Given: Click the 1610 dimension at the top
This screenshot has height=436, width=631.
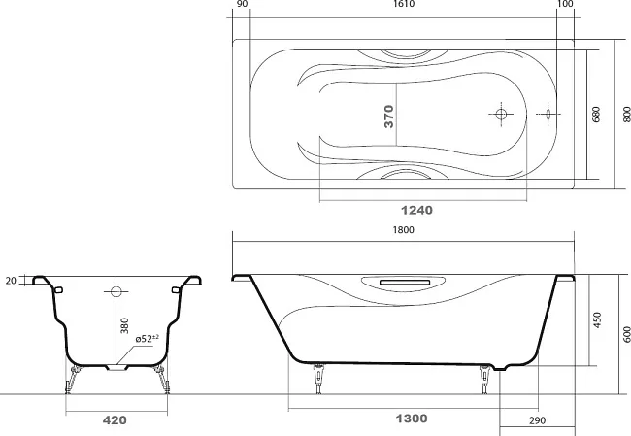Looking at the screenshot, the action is [x=404, y=4].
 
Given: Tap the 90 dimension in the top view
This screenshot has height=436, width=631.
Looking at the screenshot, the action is [x=243, y=4].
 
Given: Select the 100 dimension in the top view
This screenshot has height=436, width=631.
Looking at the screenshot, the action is [x=566, y=4].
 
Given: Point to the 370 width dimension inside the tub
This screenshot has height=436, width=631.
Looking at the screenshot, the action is [x=388, y=117].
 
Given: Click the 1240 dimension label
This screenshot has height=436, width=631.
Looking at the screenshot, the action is [x=416, y=210].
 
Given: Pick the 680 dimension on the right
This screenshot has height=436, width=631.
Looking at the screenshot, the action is [x=596, y=115].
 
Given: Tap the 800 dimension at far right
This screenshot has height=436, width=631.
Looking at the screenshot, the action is [x=627, y=115].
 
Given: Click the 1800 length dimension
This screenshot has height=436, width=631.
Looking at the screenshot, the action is [x=403, y=229].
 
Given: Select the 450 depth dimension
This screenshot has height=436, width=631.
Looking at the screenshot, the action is [x=597, y=320].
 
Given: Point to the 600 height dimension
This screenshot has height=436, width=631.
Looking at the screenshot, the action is [x=627, y=335].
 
